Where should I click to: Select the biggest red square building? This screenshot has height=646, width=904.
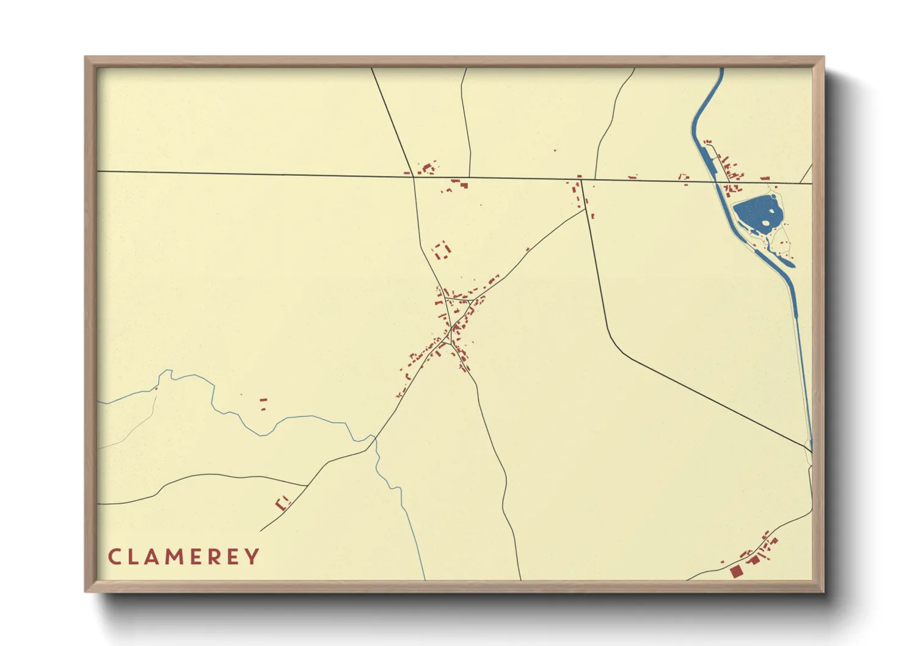point(736,572)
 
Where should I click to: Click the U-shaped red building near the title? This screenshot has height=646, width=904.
point(282,504)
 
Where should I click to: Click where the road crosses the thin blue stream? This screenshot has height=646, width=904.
point(374,438)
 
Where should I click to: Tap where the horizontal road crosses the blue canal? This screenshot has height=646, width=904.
point(715,181)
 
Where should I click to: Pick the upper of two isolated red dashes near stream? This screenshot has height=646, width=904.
point(263,400)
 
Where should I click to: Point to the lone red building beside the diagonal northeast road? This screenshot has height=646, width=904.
point(528,249)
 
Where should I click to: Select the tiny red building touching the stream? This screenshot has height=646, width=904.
point(156,388)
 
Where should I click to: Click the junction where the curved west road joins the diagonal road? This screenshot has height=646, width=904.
point(306,486)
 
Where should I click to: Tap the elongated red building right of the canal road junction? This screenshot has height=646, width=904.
point(764,178)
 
